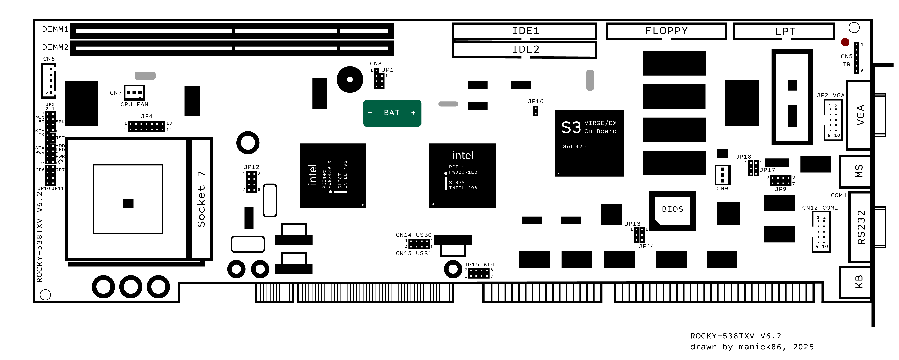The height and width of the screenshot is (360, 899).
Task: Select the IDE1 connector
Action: click(x=524, y=31)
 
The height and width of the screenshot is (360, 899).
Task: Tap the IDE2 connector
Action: click(x=524, y=49)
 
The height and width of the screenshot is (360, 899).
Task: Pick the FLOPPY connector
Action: click(x=666, y=31)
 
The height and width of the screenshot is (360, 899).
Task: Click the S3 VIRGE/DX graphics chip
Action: click(x=589, y=143)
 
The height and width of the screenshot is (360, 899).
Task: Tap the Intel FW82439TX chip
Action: click(x=333, y=175)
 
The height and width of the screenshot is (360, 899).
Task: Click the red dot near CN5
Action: click(x=845, y=42)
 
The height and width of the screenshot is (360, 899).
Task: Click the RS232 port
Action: click(x=861, y=227)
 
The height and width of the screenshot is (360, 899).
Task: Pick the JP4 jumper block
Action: click(x=146, y=127)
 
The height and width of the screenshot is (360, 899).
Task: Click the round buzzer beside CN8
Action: click(x=350, y=79)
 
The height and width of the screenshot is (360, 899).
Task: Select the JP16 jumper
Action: click(x=535, y=111)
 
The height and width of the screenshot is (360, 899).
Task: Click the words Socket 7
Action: click(x=201, y=199)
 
